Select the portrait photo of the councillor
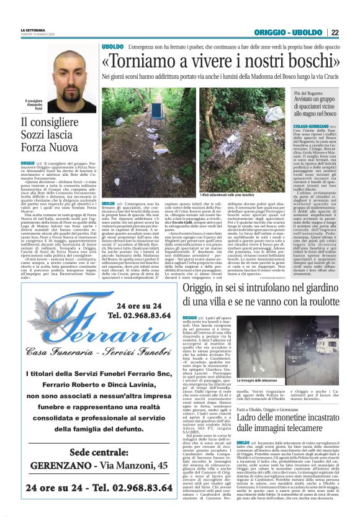[52, 71]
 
